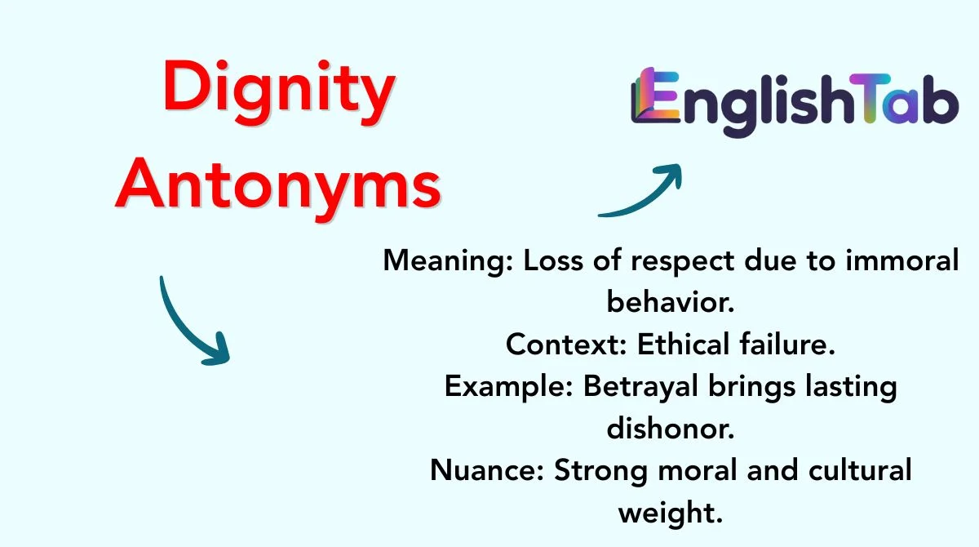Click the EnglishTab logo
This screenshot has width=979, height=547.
(795, 103)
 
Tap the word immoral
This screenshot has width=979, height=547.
(902, 260)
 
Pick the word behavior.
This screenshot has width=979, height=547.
(671, 302)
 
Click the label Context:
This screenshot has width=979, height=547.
(566, 344)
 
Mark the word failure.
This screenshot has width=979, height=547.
(787, 344)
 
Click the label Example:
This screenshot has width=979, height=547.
(509, 387)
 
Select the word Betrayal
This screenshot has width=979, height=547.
(640, 387)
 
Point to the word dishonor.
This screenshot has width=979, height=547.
(671, 428)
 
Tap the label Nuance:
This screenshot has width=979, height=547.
(487, 470)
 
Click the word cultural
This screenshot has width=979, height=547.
(860, 470)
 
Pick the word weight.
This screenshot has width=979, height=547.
(671, 513)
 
